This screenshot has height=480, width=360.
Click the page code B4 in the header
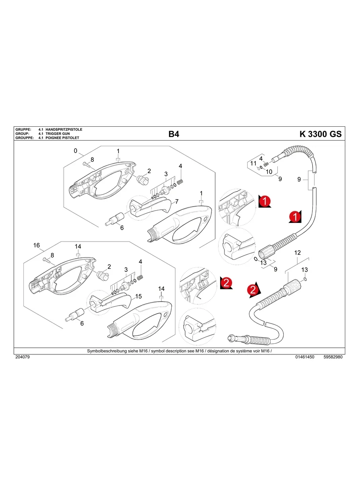click(x=174, y=134)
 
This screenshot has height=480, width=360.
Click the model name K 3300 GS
click(x=320, y=134)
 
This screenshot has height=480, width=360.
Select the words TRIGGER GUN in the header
click(x=58, y=134)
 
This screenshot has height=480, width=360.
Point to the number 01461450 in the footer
click(x=305, y=357)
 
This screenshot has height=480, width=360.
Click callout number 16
click(x=37, y=245)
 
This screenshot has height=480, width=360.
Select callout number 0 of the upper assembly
click(x=75, y=151)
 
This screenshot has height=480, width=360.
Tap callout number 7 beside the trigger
click(x=176, y=201)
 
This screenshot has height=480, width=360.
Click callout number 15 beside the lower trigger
click(x=139, y=296)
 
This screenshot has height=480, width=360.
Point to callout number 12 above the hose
click(x=297, y=253)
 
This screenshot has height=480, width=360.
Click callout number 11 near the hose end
click(x=253, y=164)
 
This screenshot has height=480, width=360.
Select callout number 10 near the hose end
click(x=269, y=172)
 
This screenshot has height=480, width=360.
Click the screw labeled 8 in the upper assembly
click(x=87, y=164)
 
